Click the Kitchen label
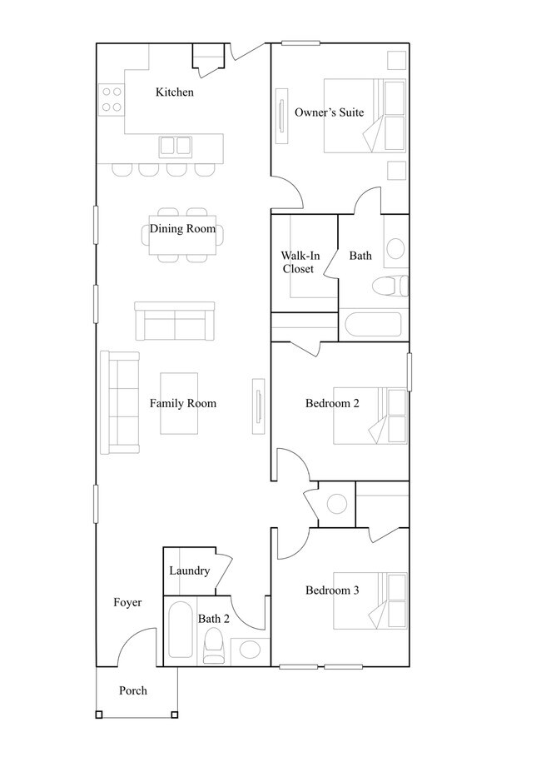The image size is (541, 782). click(x=175, y=92)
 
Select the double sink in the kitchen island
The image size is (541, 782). click(x=176, y=147)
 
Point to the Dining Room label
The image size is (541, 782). click(x=183, y=229)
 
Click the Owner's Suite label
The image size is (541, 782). click(x=329, y=112)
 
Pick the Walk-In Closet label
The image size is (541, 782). click(x=300, y=262)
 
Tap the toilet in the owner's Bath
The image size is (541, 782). click(x=390, y=286)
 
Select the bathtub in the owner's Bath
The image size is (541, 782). click(x=373, y=325)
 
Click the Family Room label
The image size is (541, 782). click(x=183, y=403)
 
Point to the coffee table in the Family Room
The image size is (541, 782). click(x=179, y=403)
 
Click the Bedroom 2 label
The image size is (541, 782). click(x=332, y=403)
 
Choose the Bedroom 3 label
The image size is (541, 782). click(x=332, y=590)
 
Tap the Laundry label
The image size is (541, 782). click(x=190, y=571)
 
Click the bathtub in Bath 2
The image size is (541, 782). click(x=181, y=631)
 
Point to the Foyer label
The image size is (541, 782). click(x=127, y=603)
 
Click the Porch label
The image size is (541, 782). click(x=133, y=690)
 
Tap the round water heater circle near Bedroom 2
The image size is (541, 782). click(x=336, y=504)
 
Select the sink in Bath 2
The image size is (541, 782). click(x=250, y=650)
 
